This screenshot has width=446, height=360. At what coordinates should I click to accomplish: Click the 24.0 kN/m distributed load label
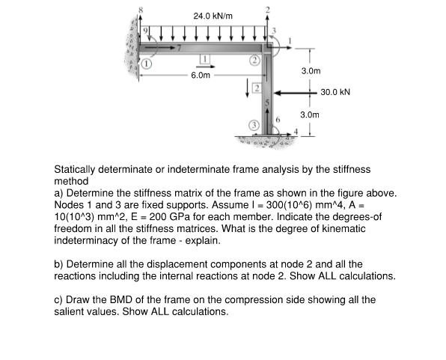coord(213,16)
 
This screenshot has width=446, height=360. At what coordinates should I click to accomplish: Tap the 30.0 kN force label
coord(335,94)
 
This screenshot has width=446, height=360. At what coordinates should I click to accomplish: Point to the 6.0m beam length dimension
coord(201,76)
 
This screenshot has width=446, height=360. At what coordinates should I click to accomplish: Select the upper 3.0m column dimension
coord(310,71)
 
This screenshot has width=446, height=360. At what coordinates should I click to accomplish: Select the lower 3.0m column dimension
coord(310,116)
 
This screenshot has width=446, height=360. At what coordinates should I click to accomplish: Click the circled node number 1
coord(147,65)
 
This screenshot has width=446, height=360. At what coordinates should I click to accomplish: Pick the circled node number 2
coord(254,59)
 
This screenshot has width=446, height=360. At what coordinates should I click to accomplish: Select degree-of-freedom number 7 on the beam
coord(169,47)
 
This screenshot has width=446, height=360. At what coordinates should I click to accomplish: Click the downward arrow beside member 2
coord(243,91)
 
